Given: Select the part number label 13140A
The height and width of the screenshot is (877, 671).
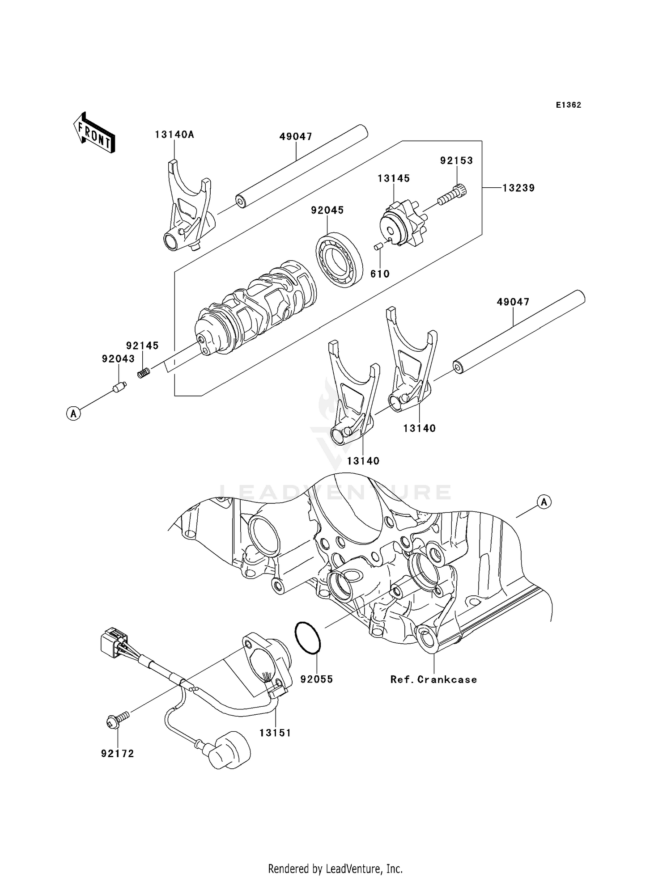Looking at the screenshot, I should (174, 135).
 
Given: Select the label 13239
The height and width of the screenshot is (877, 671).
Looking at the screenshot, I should (518, 188).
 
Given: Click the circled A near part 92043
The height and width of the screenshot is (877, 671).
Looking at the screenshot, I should (73, 413).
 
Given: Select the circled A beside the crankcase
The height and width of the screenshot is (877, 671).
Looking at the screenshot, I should (544, 502).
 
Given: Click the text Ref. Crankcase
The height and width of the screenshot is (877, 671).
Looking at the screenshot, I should (433, 679).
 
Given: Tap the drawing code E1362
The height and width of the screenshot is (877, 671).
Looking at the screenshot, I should (568, 105).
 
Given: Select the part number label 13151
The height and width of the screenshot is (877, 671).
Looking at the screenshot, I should (275, 733).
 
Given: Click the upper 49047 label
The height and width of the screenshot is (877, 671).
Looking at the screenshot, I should (296, 136).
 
